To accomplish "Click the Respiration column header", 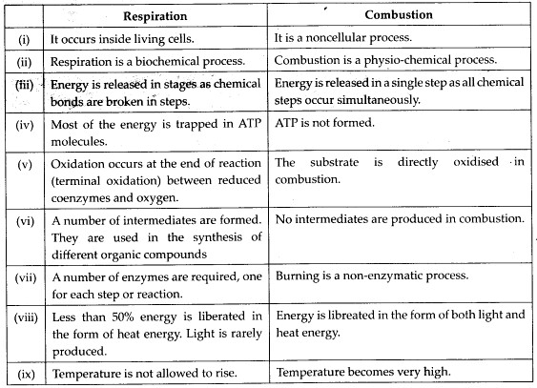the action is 159,16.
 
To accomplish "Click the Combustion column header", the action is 398,16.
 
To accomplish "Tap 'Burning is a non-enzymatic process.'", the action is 370,276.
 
